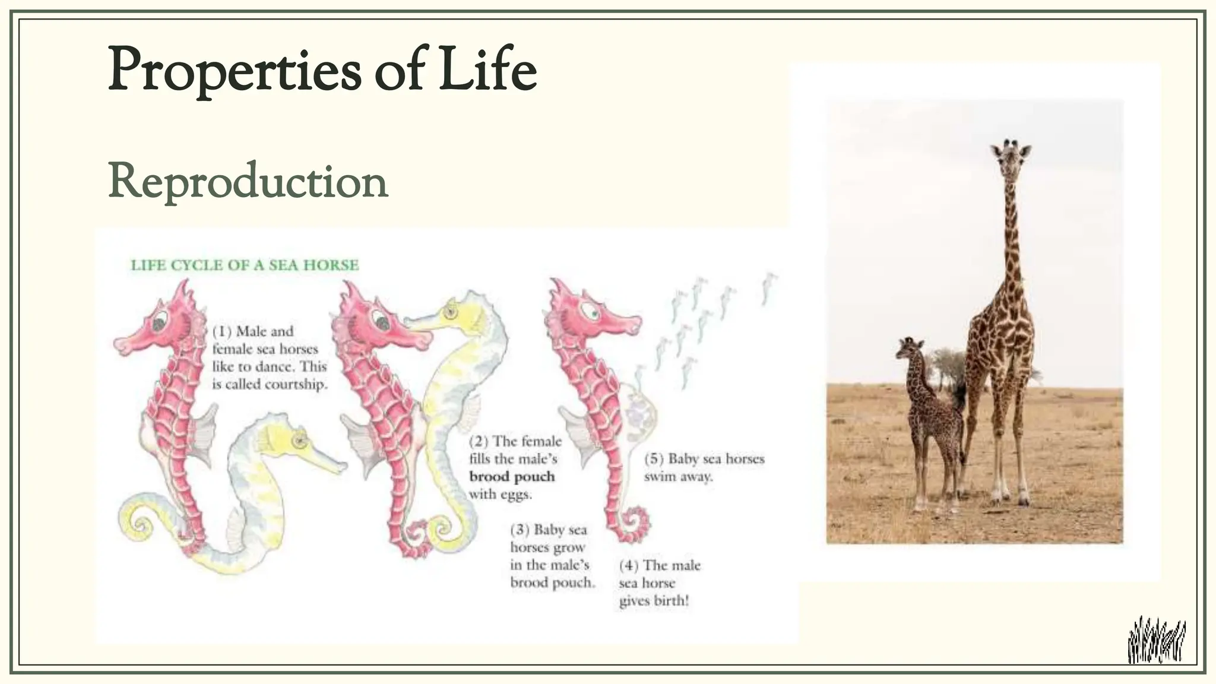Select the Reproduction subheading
point(248,181)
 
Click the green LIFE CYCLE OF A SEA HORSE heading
point(245,265)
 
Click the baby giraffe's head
point(908,349)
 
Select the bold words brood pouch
point(512,477)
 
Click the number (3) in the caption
point(520,530)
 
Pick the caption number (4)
point(629,565)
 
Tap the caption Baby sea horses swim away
point(704,467)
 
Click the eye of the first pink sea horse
point(159,324)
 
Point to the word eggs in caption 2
point(515,495)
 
